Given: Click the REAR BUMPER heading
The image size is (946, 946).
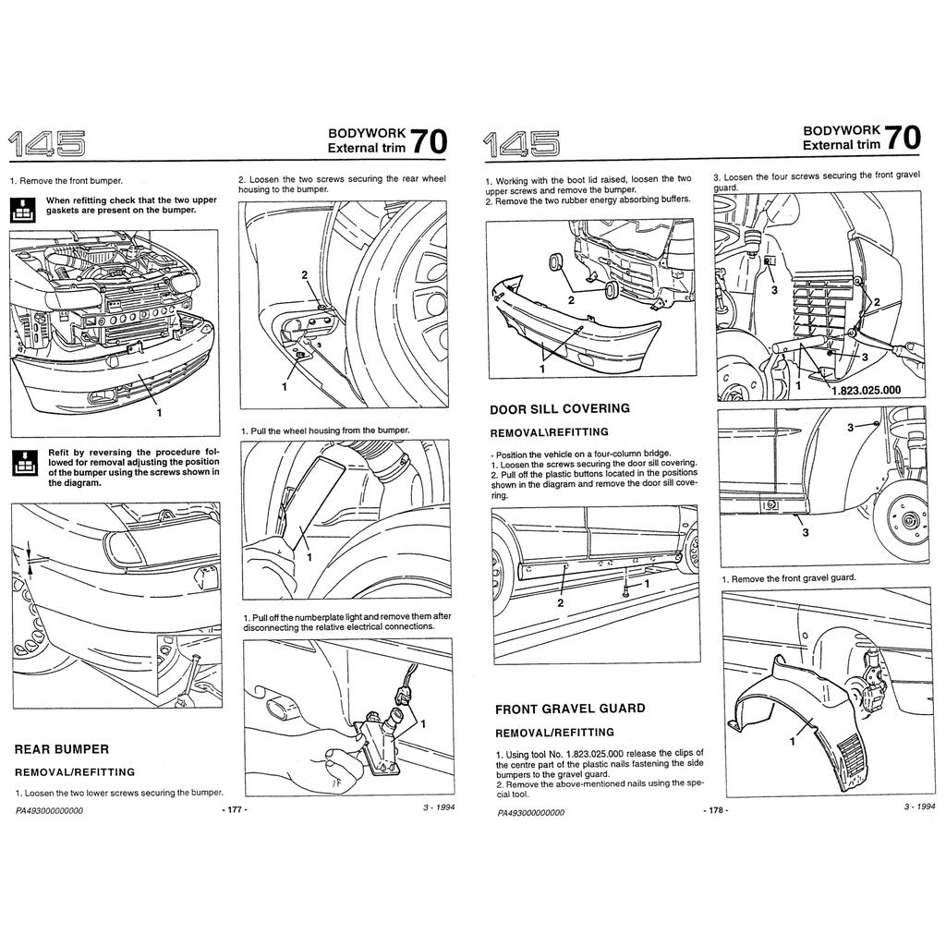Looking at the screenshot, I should point(62,748).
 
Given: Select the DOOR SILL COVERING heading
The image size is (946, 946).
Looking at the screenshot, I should point(559,408).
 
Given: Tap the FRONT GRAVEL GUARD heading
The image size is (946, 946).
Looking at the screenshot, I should point(569,709).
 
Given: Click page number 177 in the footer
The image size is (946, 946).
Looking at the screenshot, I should point(235,808).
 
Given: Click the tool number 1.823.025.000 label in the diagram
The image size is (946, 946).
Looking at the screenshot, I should point(866,390).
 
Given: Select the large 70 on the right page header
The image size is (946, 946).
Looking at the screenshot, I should point(902,138).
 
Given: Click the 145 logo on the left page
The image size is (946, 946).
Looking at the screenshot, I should point(46,143).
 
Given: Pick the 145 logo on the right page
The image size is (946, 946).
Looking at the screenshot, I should point(520,143).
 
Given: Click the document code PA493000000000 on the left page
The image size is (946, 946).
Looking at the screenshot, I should point(49,810).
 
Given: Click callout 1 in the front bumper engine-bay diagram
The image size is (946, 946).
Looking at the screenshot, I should point(158,413).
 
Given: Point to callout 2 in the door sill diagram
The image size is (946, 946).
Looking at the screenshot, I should point(560,602).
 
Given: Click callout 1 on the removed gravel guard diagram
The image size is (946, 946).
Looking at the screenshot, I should point(792,739).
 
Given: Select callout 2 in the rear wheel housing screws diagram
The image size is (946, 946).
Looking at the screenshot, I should point(304,274).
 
